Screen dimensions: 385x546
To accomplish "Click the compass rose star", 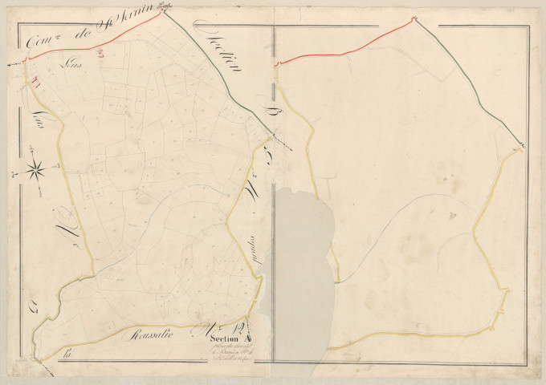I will click(35, 169).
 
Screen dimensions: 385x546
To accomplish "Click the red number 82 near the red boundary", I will click(100, 55).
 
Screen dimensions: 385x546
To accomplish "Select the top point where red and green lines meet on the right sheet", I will click(414, 19).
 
